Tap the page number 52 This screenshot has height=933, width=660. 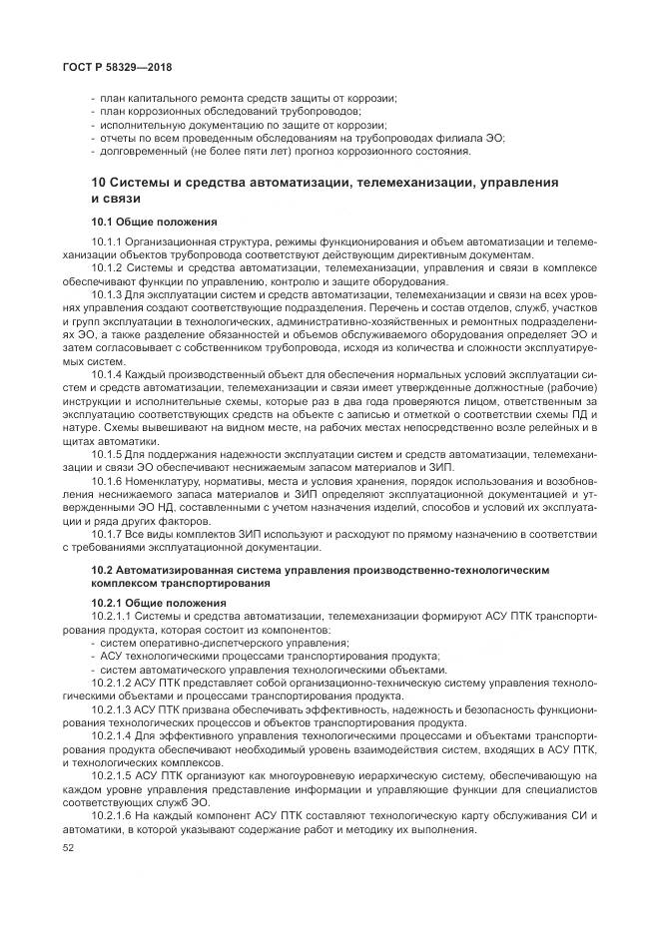(69, 847)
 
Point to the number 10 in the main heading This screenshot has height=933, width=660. (98, 183)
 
